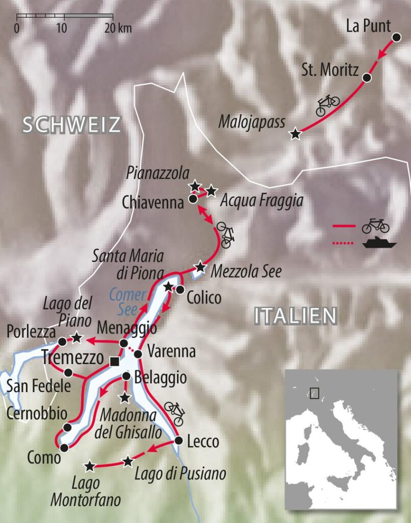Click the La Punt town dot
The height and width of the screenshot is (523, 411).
coord(396,37)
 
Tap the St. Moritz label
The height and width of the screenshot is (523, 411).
coord(330,70)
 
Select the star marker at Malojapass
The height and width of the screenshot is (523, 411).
coord(295,134)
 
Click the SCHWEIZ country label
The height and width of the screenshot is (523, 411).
coord(71,125)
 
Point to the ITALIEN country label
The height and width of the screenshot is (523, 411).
coord(296,316)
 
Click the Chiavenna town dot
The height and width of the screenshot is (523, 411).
coord(193,199)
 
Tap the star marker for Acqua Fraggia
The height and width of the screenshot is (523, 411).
coord(211,191)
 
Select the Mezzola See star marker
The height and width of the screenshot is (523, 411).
coord(200,267)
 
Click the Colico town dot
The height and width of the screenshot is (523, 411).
coord(180,290)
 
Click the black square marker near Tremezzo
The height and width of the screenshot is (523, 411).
coord(115,362)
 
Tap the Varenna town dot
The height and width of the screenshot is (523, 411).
coord(138,353)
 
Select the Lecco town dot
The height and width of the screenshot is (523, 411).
coord(178,440)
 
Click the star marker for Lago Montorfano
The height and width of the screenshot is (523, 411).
coord(90,466)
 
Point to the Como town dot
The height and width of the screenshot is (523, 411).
coord(64,448)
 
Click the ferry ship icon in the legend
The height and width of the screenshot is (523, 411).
coord(379,243)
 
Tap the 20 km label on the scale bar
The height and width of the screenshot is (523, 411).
coord(118,28)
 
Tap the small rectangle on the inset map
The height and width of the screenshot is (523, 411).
coord(315,393)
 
